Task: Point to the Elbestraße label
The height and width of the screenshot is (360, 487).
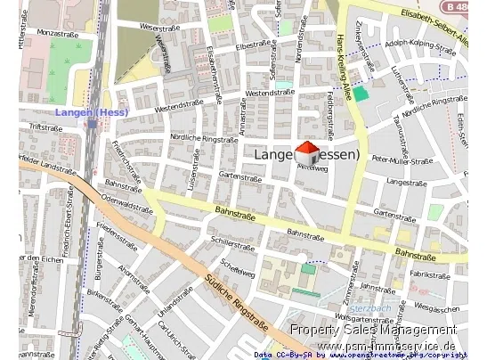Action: (253, 44)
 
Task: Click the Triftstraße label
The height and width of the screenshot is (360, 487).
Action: (45, 127)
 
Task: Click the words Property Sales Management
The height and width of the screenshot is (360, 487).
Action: (373, 331)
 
